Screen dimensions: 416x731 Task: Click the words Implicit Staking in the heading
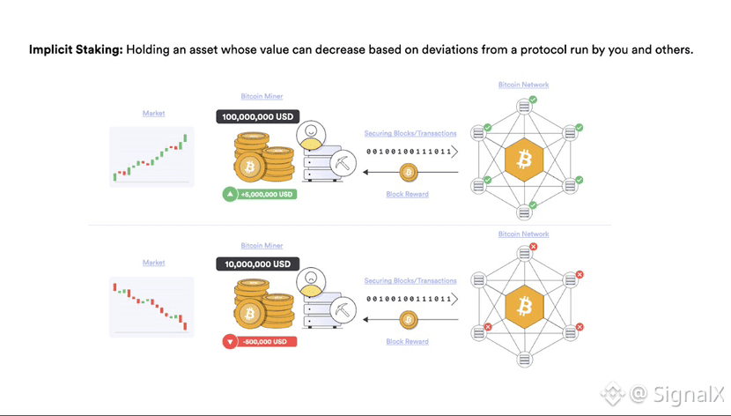[76, 50]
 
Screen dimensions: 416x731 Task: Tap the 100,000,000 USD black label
[257, 116]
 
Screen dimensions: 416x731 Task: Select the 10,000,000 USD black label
[257, 264]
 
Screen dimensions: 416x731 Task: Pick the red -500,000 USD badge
[260, 341]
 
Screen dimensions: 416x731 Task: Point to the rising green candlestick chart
[151, 156]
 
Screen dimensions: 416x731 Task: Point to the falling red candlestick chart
[151, 305]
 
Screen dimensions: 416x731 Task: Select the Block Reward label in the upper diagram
[407, 194]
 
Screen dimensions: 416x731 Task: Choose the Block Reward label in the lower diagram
[407, 341]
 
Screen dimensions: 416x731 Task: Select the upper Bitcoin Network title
[523, 85]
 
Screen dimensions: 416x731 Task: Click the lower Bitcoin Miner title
[262, 245]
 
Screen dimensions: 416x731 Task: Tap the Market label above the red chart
[154, 263]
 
